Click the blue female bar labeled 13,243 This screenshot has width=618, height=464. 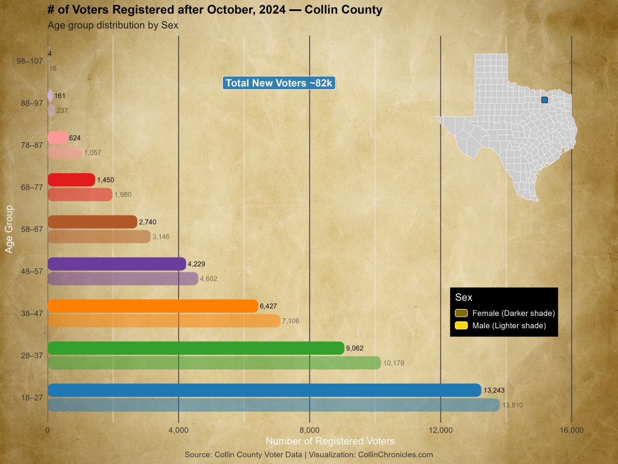pos(264,390)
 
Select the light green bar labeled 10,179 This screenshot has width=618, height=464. pos(214,363)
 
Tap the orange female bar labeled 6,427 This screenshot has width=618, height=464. pos(153,306)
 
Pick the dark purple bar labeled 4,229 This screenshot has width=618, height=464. pos(117,264)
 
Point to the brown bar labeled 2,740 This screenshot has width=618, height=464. pos(92,222)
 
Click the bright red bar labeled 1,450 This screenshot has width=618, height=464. pos(71,180)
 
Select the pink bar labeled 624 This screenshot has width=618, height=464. pos(58,138)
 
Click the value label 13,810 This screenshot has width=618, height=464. pos(513,405)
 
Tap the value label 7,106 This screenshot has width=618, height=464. pos(290,321)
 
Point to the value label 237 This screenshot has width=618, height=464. pos(62,111)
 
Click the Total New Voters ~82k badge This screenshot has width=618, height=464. pos(279,83)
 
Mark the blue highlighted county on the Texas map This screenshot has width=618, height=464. pos(545,100)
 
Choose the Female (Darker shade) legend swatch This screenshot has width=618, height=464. pos(461,313)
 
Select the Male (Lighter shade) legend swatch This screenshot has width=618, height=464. pos(461,326)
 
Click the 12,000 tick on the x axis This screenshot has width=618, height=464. pos(441,430)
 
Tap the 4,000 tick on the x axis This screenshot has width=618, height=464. pos(178,430)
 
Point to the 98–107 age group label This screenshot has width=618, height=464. pos(30,61)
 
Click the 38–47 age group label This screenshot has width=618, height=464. pos(32,314)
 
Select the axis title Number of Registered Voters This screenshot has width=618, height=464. pos(330,441)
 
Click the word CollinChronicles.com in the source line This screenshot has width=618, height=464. pos(395,455)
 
